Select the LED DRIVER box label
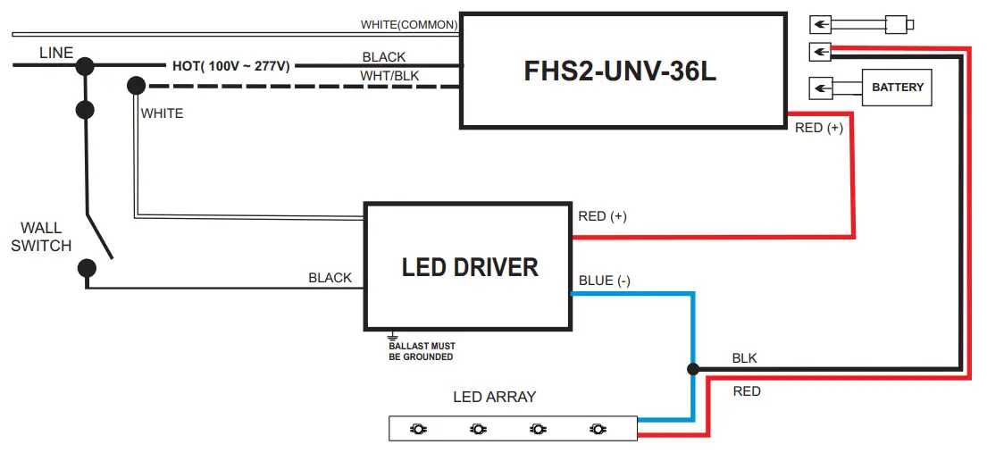pos(470,267)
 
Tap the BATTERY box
pos(898,88)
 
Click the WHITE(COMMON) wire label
pos(409,24)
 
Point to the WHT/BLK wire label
pos(389,76)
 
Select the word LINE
pos(56,54)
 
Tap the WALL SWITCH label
pos(41,238)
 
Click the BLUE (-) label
pos(605,281)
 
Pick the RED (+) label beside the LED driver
pos(603,216)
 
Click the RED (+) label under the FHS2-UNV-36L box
pos(819,128)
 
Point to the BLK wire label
pos(744,358)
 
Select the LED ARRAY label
pos(494,397)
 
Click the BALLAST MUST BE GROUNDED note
pos(422,351)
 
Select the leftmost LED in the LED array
pos(417,430)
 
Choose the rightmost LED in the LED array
pos(598,430)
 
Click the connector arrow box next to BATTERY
pos(819,88)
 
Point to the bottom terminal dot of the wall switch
pos(87,267)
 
